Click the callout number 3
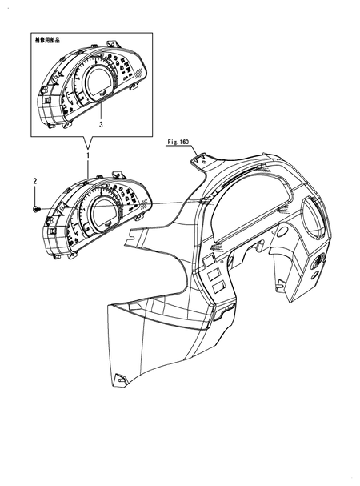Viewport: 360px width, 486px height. [x=101, y=125]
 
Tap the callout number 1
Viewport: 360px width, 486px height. [x=88, y=155]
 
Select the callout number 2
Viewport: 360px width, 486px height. [x=35, y=181]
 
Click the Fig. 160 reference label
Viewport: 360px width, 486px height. [x=178, y=143]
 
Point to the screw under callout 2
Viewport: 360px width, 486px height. [x=35, y=209]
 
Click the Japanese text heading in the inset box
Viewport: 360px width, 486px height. [x=47, y=40]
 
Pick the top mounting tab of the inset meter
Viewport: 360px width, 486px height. [x=112, y=44]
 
